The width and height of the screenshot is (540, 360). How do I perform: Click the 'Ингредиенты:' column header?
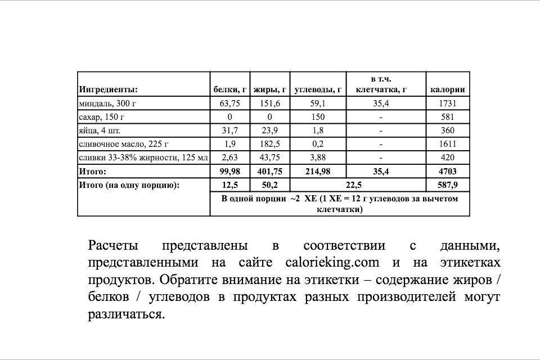pos(109,89)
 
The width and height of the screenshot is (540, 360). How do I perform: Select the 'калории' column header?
pos(447,89)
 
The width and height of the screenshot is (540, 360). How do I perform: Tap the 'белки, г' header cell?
pos(230,89)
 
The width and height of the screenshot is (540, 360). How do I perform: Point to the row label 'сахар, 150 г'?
pos(102,117)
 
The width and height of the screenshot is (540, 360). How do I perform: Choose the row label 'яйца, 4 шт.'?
pos(100,130)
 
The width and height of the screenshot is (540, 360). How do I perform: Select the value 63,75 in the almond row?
pos(229,103)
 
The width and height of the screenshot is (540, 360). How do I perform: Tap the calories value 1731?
pos(447,103)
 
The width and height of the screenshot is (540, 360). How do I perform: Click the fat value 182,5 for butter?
pos(270,144)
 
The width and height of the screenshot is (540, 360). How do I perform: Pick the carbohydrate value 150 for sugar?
pos(318,117)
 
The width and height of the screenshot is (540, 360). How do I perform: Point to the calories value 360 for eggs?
pos(447,130)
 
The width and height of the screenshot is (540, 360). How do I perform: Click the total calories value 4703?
pos(447,171)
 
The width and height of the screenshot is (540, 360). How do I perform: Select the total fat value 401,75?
pos(270,171)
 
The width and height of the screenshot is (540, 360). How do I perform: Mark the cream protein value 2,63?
pos(229,157)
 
